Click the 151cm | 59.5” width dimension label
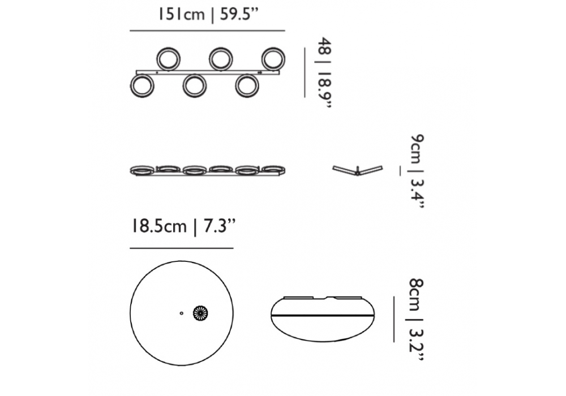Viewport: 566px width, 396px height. coord(208,15)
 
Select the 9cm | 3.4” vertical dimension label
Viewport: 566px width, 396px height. coord(417,171)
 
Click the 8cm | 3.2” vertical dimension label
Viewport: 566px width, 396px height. coord(416,319)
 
